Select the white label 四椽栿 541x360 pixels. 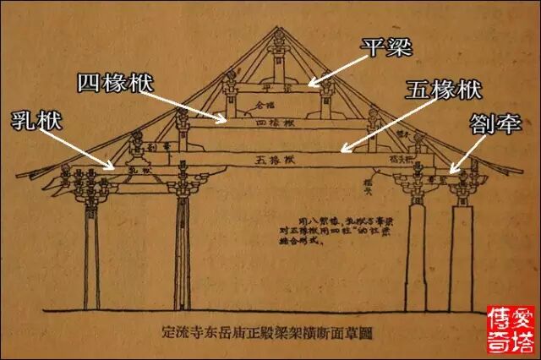[117, 83]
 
